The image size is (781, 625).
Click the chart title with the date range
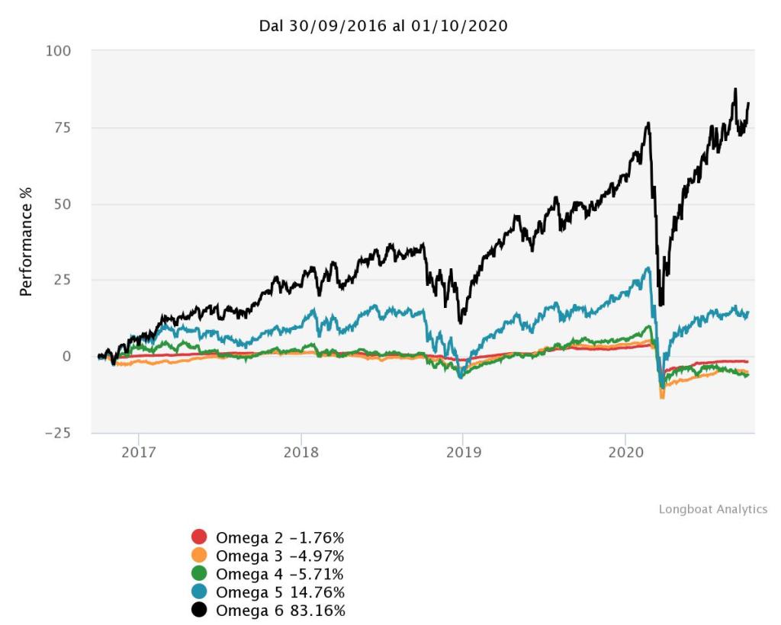click(384, 26)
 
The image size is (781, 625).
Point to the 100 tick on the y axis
click(59, 51)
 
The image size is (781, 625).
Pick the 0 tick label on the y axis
click(66, 356)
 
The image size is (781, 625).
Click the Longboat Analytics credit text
click(712, 509)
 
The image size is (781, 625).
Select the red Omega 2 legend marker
click(199, 537)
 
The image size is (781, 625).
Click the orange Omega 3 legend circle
click(199, 555)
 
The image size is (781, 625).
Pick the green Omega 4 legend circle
click(199, 573)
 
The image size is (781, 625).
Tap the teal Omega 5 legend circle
click(199, 592)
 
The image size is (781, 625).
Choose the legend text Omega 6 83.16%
click(280, 611)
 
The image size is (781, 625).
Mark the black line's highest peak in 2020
click(735, 89)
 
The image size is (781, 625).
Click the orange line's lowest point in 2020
click(661, 398)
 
